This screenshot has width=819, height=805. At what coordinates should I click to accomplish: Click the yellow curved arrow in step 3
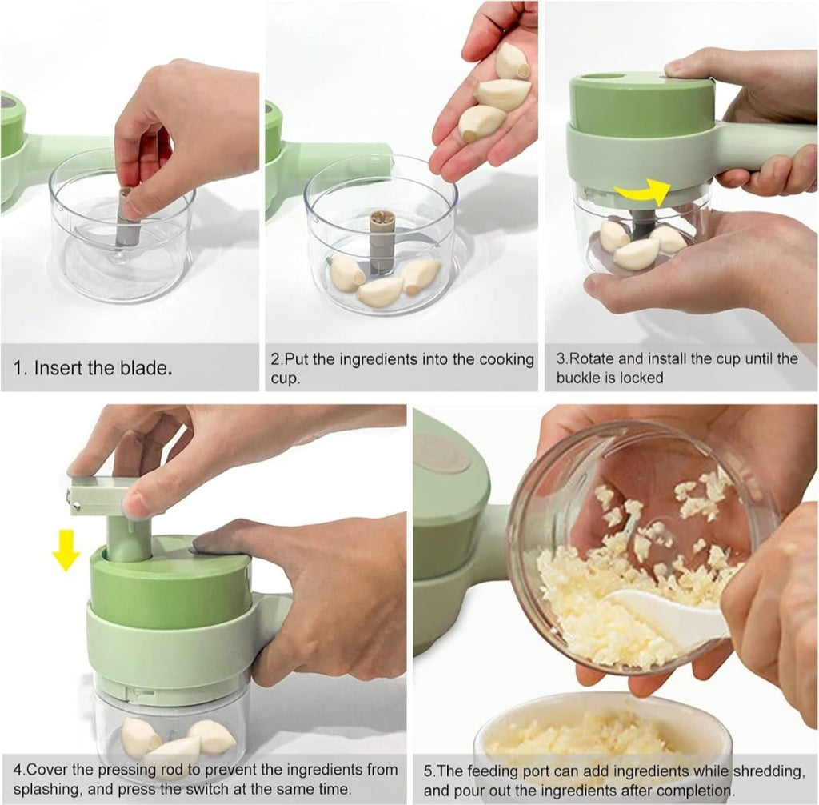click(x=641, y=193)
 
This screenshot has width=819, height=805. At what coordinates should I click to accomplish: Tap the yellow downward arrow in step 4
click(x=65, y=550)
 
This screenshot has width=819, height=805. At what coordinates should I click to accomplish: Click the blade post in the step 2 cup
click(x=382, y=240)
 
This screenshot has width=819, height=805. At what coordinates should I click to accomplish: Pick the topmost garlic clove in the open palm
click(x=512, y=62)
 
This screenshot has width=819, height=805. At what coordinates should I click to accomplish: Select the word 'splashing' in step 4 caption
click(x=46, y=789)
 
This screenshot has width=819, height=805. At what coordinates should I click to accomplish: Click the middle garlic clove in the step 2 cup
click(x=380, y=291)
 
